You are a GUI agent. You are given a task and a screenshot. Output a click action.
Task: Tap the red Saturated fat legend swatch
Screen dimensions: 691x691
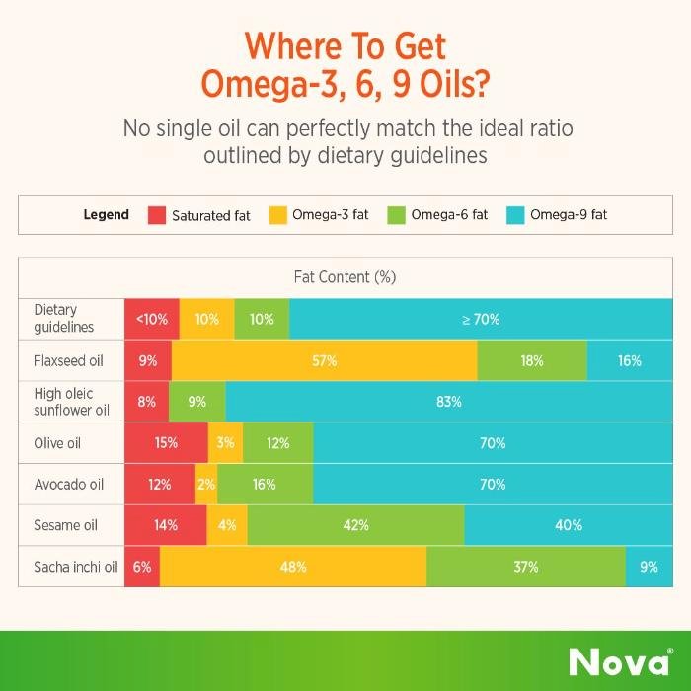tap(156, 215)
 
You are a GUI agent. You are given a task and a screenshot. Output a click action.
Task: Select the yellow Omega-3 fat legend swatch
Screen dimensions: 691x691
tap(277, 215)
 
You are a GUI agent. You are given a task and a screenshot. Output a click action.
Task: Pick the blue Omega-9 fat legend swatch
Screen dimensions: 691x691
tap(515, 215)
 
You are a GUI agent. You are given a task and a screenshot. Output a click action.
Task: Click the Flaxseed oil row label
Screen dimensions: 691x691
tap(67, 360)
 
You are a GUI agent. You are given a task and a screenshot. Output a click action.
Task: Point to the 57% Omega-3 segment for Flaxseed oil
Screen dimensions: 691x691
tap(324, 360)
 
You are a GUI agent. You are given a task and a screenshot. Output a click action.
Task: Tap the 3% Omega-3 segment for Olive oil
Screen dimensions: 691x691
tap(226, 443)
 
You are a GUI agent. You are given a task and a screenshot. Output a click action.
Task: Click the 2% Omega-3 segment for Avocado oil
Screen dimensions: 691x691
tap(206, 485)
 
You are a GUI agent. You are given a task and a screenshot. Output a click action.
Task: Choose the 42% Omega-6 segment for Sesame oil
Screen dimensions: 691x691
tap(355, 525)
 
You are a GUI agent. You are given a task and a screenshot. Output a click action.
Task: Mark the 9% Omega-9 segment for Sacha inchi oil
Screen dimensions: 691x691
tap(648, 567)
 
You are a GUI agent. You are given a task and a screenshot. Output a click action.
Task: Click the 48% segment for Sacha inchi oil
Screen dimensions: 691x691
tap(293, 567)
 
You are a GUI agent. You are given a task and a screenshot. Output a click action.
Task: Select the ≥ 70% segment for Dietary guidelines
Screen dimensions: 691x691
tap(481, 319)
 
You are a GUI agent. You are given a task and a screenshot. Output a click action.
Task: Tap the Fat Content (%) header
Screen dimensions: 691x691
tap(345, 277)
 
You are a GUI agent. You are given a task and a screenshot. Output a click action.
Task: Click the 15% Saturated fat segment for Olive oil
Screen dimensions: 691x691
tap(166, 443)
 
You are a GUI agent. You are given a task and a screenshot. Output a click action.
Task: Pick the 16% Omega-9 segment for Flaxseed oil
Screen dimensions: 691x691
tap(630, 360)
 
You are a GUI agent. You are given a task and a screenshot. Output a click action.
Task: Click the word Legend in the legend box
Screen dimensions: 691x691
tap(106, 215)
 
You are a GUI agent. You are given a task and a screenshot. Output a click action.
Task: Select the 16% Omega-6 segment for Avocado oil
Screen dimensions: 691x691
tap(265, 485)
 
